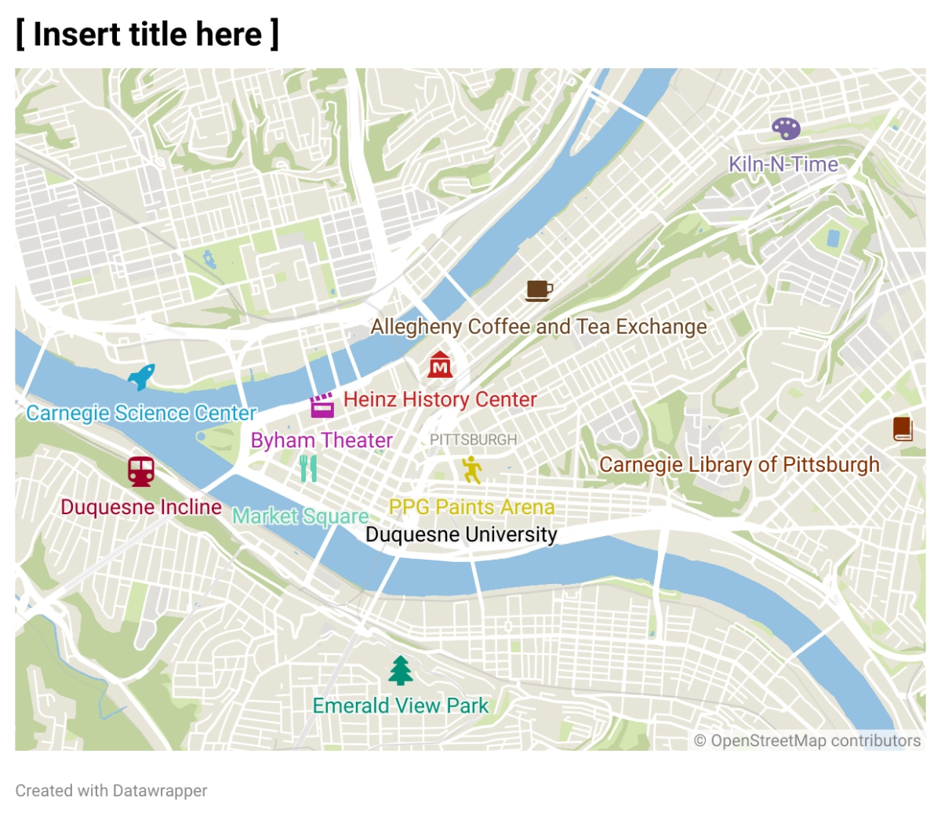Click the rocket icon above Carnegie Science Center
click(141, 377)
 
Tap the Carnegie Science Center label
click(141, 413)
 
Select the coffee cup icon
click(539, 291)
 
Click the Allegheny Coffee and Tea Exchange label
click(539, 327)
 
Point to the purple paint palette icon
click(786, 129)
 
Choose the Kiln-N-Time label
click(783, 165)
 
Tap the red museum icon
click(440, 364)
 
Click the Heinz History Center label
click(440, 400)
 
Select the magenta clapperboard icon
click(322, 405)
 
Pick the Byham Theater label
click(322, 441)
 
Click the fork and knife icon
click(308, 469)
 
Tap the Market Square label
click(300, 517)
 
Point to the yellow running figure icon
click(471, 470)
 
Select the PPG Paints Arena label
click(471, 507)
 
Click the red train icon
click(141, 471)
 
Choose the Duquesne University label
click(461, 535)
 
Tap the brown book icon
click(903, 429)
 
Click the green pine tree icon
click(401, 670)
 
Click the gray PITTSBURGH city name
click(473, 440)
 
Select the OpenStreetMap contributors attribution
click(808, 741)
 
